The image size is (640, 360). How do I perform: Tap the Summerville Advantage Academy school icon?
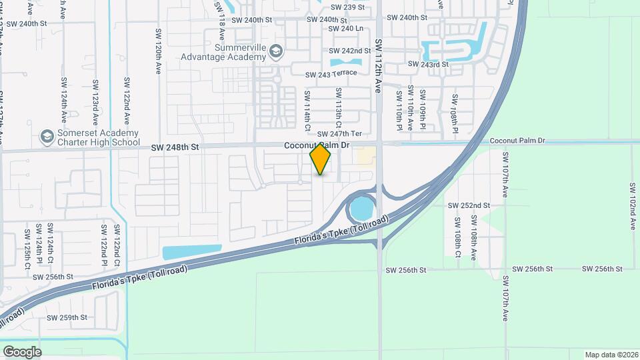tap(277, 51)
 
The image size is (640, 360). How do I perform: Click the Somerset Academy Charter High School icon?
tap(47, 137)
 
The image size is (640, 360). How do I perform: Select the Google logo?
tap(22, 351)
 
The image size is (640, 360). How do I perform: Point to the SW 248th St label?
tap(175, 147)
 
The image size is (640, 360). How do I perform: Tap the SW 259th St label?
tap(67, 317)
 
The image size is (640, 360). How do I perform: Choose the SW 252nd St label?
tap(469, 205)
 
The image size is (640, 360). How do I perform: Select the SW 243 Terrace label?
tap(332, 75)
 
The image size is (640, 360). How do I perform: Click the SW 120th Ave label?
tap(158, 51)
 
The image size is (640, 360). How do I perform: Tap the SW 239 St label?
tap(345, 7)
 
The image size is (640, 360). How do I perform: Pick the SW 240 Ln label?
tap(346, 29)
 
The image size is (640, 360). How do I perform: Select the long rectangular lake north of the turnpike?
tap(191, 252)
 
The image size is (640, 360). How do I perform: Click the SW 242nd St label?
tap(349, 51)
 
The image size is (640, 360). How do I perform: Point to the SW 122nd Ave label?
tap(126, 100)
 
